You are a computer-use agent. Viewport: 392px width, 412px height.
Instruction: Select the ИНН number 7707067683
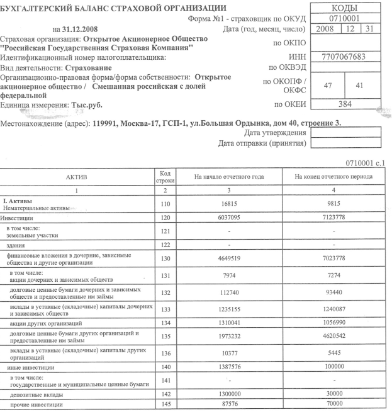344,58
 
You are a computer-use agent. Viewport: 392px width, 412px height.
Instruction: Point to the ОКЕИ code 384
344,104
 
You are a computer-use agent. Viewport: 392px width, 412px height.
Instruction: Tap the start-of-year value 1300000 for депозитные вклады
229,393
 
